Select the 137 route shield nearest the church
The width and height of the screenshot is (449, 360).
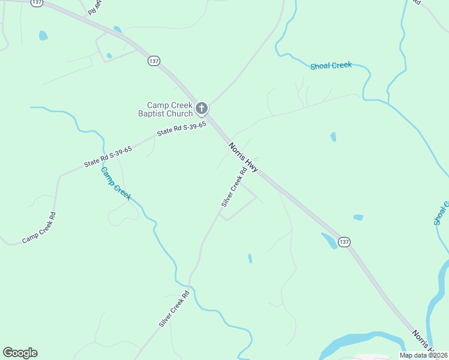pos(154,61)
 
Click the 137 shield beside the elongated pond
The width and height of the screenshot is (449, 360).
pos(343,241)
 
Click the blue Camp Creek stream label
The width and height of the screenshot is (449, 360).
pos(115,183)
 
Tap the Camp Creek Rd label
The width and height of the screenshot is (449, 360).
pos(39,229)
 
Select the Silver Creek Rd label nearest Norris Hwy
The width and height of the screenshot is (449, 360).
pos(234,187)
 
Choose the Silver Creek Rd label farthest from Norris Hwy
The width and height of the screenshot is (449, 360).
pos(174,309)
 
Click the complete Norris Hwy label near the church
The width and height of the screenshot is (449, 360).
pos(243,158)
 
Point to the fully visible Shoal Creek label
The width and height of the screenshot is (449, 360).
pos(331,65)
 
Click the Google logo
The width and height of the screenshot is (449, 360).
pos(20,353)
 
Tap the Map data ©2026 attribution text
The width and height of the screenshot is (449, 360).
pos(424,355)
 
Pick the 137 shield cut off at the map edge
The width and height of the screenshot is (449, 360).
pos(37,2)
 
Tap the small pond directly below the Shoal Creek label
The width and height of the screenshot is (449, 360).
pos(333,137)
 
